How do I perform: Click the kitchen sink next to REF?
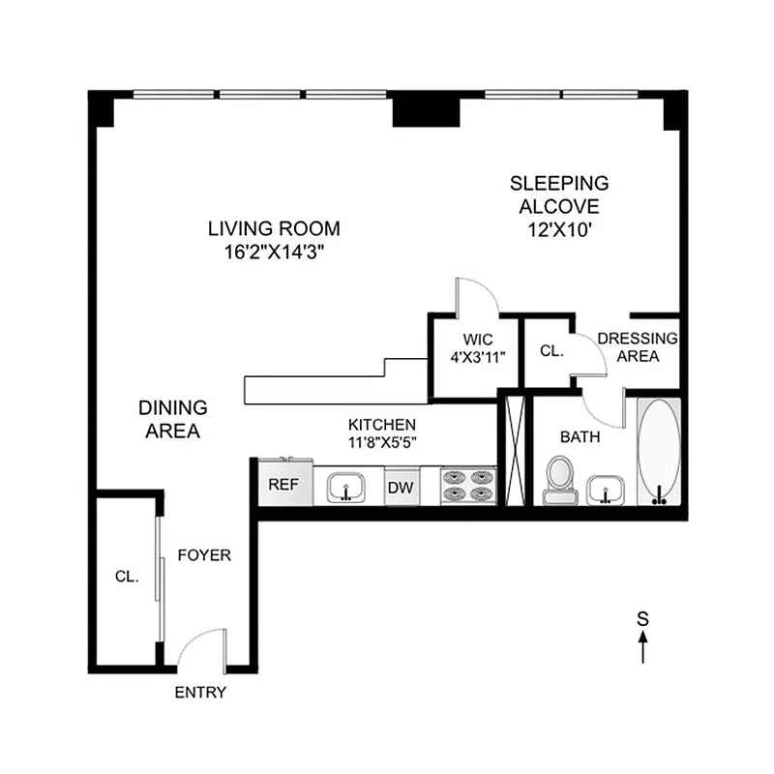coord(346,487)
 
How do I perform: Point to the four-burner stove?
coord(468,486)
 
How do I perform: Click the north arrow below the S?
coord(643,646)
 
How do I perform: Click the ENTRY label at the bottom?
coord(200,692)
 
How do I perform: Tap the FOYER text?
coord(203,555)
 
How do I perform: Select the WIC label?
coord(478,340)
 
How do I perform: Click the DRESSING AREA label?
coord(637,347)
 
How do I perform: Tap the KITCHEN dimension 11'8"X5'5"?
coord(382,442)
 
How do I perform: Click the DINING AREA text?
coord(172,420)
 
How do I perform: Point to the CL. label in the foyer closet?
coord(127,576)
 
